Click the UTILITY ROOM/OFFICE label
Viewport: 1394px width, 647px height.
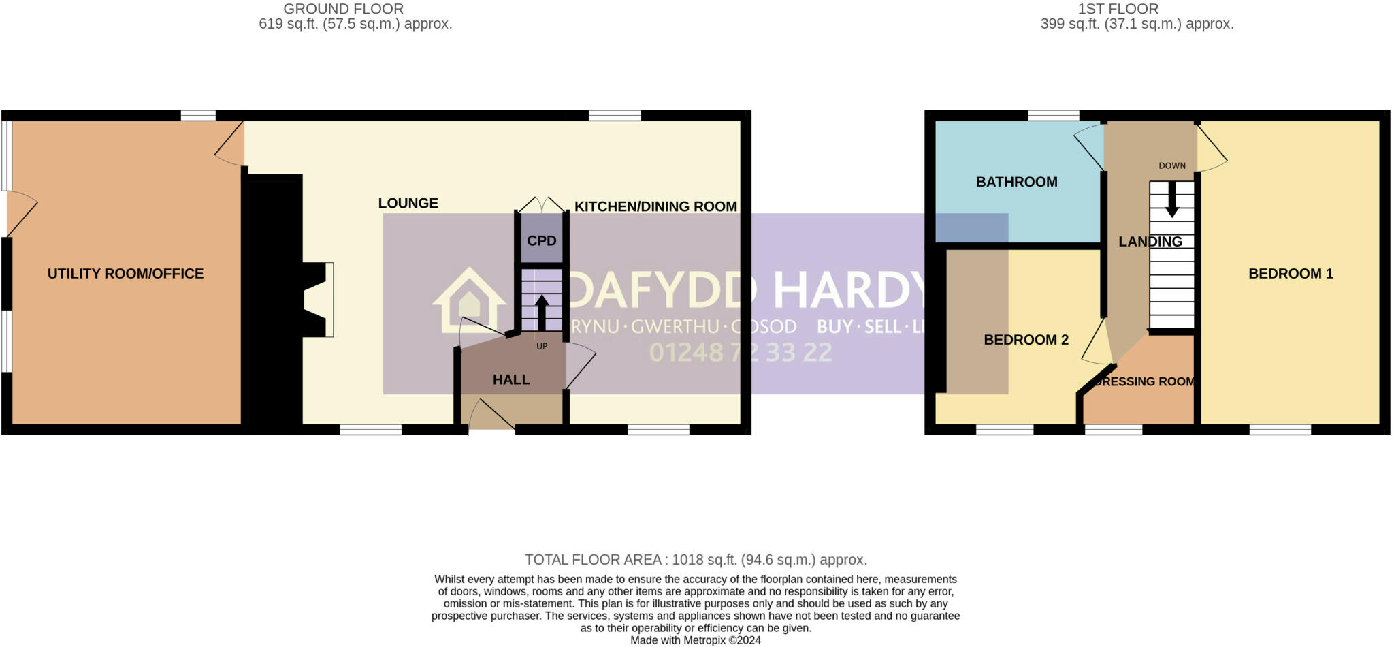pos(125,274)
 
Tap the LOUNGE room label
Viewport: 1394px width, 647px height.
pos(408,203)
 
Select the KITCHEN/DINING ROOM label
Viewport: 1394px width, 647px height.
pos(655,206)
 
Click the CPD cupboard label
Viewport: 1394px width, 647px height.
pos(542,241)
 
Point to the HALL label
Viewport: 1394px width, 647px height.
pos(511,380)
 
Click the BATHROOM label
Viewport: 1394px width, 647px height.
pos(1016,182)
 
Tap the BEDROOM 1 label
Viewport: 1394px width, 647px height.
pos(1291,274)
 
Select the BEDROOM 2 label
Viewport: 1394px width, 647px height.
pos(1026,340)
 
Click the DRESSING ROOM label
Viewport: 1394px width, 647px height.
pos(1144,382)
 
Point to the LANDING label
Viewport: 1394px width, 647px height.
pos(1150,242)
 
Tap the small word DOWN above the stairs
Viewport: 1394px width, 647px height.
pos(1172,165)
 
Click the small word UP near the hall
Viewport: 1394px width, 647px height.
pos(542,346)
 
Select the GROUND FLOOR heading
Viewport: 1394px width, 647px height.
pos(343,9)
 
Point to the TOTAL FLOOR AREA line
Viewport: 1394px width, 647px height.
pos(696,560)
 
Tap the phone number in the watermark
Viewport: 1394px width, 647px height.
pos(740,352)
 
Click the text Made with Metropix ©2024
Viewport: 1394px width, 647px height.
pos(696,640)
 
